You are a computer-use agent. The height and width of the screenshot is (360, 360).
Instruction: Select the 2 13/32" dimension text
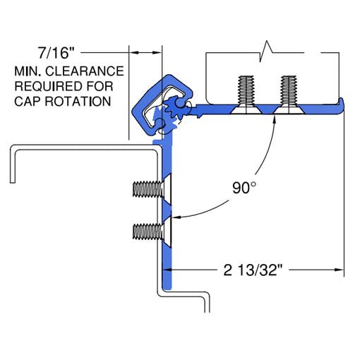[x=253, y=269]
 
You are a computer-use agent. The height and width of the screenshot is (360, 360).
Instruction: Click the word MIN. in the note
[x=28, y=72]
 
